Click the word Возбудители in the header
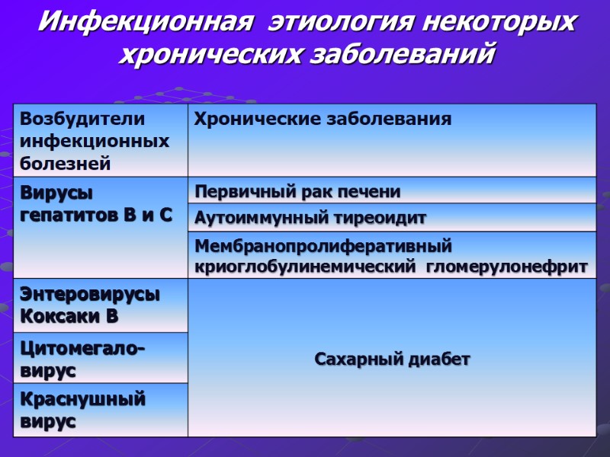tap(82, 120)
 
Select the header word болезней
tap(66, 163)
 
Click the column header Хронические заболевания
tap(323, 120)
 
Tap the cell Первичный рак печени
tap(298, 190)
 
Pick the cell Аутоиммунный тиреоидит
tap(310, 218)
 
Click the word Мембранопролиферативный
tap(324, 246)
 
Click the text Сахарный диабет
tap(393, 359)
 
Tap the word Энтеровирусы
tap(90, 296)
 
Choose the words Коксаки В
tap(69, 316)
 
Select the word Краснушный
tap(82, 400)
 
